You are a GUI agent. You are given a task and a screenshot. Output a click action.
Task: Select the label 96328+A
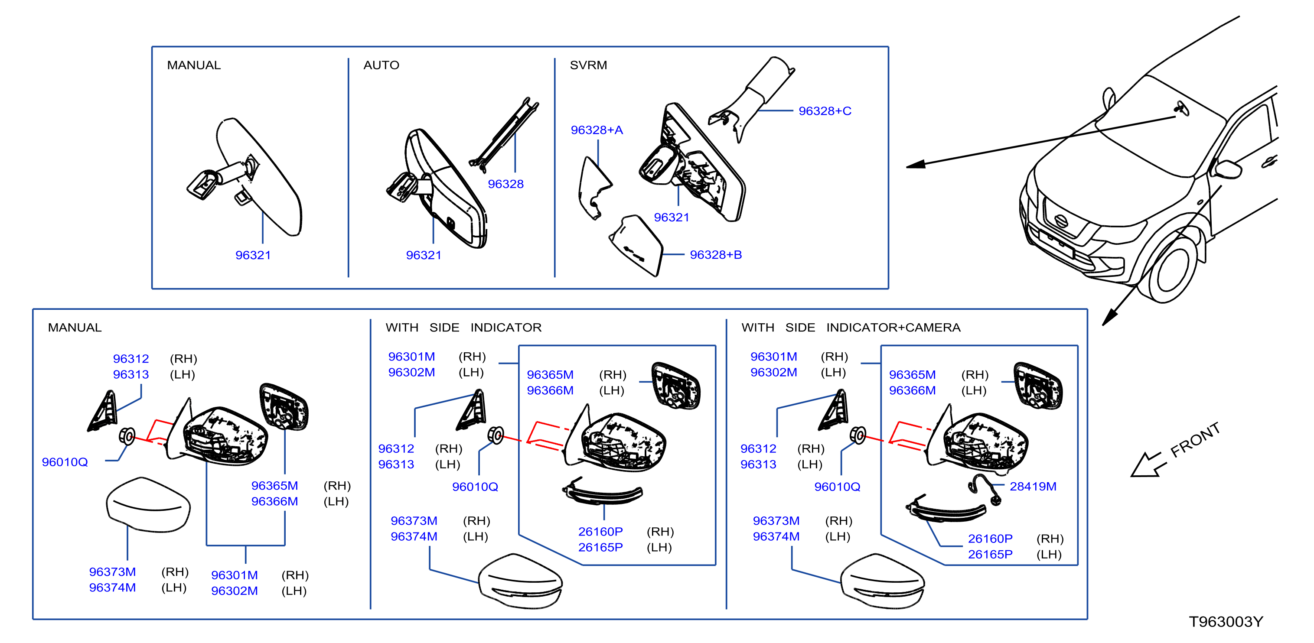(x=597, y=130)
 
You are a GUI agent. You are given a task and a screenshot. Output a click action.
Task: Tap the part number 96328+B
(x=716, y=254)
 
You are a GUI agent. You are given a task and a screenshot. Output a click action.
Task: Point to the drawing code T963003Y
(x=1226, y=622)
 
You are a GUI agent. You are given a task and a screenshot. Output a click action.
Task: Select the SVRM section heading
(x=588, y=65)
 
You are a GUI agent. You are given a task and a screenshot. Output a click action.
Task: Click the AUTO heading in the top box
(x=381, y=65)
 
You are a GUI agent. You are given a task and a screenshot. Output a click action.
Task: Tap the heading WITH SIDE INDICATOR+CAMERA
(x=851, y=328)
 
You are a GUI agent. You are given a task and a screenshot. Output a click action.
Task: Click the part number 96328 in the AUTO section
(x=505, y=184)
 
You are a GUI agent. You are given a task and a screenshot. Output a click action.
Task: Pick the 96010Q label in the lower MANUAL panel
(x=65, y=462)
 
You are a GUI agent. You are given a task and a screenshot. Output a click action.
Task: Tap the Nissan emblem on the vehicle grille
(x=1061, y=221)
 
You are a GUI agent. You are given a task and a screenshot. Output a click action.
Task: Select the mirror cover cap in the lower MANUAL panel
(x=148, y=505)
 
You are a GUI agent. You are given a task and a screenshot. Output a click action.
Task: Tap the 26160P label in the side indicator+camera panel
(x=990, y=539)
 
